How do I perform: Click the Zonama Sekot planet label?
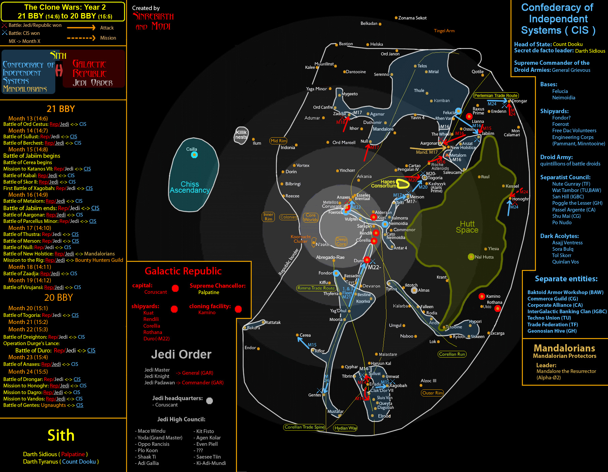(412, 18)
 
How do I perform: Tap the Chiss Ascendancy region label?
(190, 187)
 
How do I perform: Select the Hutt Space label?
(467, 227)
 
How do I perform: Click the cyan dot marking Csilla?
(194, 155)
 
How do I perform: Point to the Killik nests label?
(241, 135)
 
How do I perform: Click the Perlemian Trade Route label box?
(496, 96)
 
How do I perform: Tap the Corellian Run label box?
(452, 354)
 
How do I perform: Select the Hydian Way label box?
(346, 428)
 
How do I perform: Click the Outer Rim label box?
(432, 393)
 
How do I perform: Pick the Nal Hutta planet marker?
(471, 257)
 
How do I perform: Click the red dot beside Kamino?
(482, 296)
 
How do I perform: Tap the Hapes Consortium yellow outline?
(403, 184)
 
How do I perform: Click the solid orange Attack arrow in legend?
(81, 28)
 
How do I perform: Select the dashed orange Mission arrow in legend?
(81, 38)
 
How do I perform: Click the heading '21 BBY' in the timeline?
(61, 109)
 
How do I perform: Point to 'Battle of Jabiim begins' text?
(32, 156)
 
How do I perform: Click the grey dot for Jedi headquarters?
(209, 401)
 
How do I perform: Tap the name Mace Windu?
(151, 431)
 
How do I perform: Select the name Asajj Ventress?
(567, 243)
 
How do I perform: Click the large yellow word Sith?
(61, 435)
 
